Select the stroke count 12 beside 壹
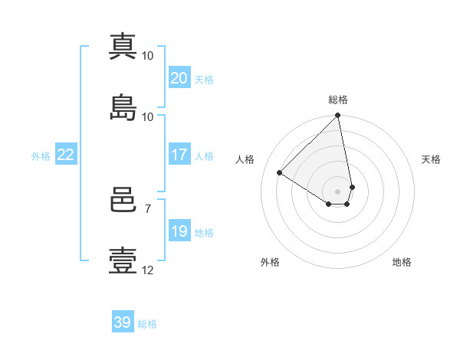(x=148, y=270)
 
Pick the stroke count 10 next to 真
(x=148, y=56)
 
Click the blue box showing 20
(x=179, y=78)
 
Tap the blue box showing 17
(x=179, y=155)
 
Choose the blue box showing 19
(x=179, y=231)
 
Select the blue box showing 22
(x=65, y=155)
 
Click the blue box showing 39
(x=122, y=322)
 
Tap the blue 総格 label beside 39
(x=147, y=324)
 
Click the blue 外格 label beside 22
(x=41, y=156)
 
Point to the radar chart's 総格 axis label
(x=338, y=100)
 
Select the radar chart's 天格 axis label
(x=432, y=159)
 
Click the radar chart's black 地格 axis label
(x=402, y=262)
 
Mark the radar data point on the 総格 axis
(x=338, y=116)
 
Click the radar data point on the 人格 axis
(x=280, y=173)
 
